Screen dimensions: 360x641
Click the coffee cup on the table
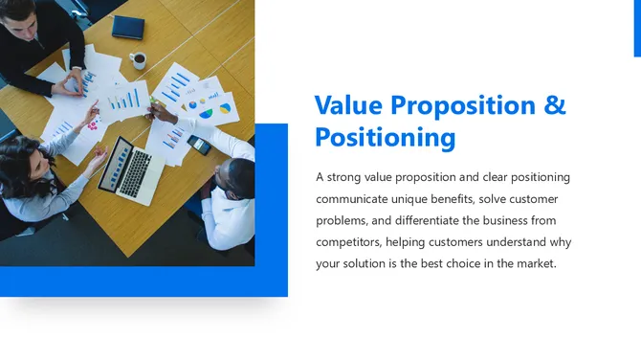pos(139,60)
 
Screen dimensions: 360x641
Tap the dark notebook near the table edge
pos(127,27)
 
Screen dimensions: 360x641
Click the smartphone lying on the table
pos(199,145)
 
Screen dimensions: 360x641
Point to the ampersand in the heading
pos(555,104)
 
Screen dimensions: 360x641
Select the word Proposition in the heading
pos(465,105)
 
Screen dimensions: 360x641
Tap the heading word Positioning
pos(385,138)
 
